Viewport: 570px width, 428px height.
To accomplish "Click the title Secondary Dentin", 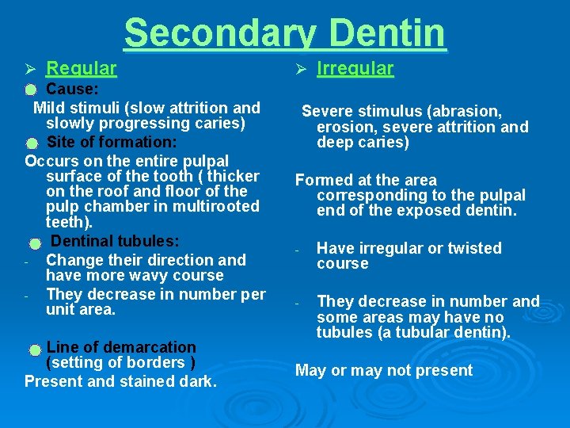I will tap(285, 34).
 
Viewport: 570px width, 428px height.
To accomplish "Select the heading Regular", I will tap(82, 69).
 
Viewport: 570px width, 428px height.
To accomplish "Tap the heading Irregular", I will tap(355, 69).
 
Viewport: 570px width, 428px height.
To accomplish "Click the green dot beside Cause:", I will tap(31, 90).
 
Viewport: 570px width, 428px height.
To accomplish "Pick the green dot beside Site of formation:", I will tap(31, 143).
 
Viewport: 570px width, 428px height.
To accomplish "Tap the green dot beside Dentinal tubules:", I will tap(35, 243).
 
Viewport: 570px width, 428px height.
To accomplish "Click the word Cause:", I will tap(72, 90).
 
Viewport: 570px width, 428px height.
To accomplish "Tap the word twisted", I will tap(470, 248).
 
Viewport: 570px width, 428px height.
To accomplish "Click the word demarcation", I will tap(145, 347).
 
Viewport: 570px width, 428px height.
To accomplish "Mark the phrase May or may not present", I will tap(383, 370).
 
